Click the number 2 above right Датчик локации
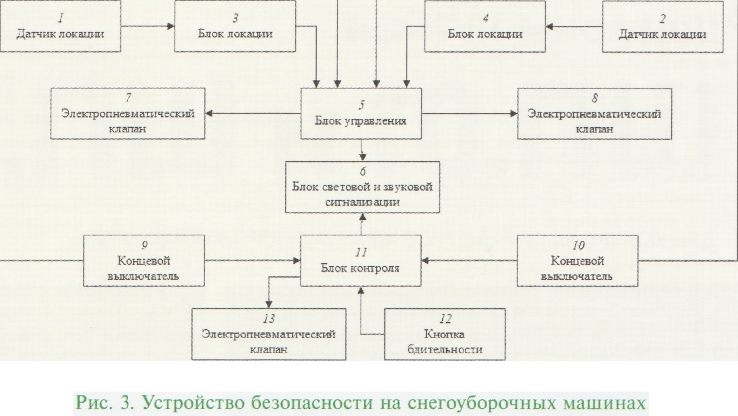[x=662, y=18]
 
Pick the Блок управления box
[x=361, y=113]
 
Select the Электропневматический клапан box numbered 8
[x=594, y=113]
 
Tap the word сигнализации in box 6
[x=362, y=201]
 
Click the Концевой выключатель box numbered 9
[x=144, y=260]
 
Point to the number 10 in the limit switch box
[x=578, y=245]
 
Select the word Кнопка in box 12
[x=444, y=334]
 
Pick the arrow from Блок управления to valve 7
[x=253, y=113]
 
